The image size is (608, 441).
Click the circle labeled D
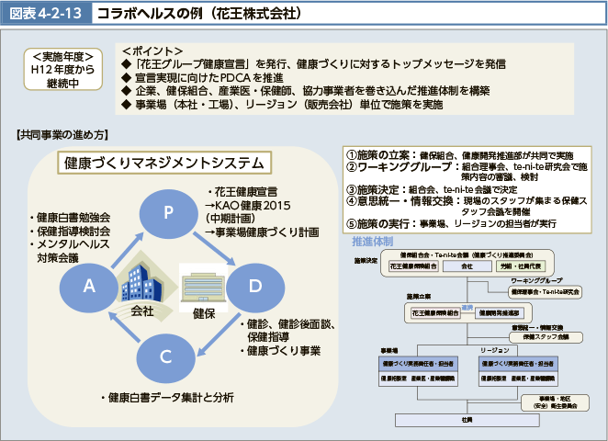click(x=255, y=286)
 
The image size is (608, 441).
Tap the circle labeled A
click(x=88, y=286)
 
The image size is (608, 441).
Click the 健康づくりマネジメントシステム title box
click(x=164, y=163)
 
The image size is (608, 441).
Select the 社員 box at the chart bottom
click(x=467, y=419)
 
